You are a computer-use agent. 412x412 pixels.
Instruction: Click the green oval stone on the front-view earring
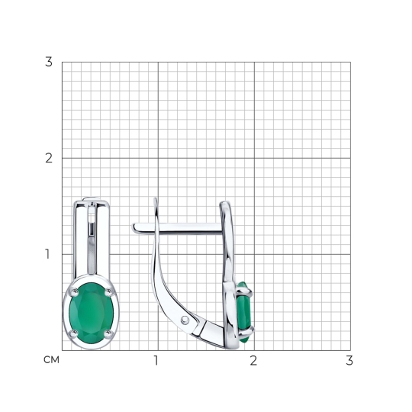(x=92, y=313)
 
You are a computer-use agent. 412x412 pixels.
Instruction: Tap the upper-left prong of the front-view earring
(x=74, y=291)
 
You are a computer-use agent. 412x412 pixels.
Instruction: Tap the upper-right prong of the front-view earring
(x=108, y=291)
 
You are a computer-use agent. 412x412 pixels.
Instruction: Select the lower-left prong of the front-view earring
(x=74, y=333)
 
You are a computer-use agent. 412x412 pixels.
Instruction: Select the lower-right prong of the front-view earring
(x=108, y=333)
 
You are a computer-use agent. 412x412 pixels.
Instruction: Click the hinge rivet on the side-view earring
(x=185, y=320)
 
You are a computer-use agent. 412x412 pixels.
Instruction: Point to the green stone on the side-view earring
(x=243, y=312)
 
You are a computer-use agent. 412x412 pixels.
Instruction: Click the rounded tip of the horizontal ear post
(x=134, y=228)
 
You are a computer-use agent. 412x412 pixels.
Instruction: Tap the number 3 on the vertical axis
(x=49, y=62)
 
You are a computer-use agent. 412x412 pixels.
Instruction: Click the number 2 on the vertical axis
(x=49, y=158)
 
